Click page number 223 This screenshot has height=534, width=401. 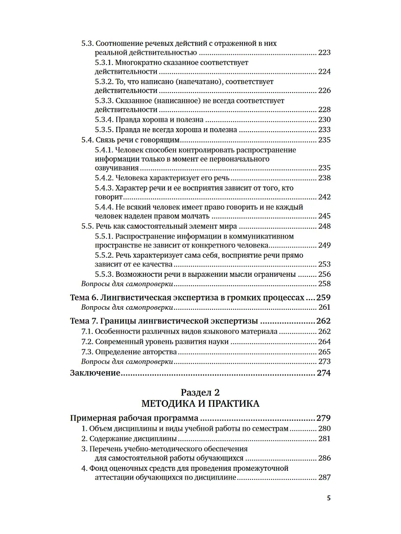(x=324, y=53)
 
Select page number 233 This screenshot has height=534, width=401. (x=324, y=130)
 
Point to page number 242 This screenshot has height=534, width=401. (x=324, y=197)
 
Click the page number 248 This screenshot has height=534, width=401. (x=324, y=226)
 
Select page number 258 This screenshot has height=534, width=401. (x=324, y=284)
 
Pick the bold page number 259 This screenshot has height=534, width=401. (x=323, y=297)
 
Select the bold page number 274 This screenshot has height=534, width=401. (x=323, y=373)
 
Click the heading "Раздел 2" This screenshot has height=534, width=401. (x=200, y=392)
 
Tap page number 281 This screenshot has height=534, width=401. (x=324, y=439)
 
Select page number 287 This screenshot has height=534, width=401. (x=324, y=478)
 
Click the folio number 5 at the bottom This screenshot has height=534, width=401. (x=329, y=498)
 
